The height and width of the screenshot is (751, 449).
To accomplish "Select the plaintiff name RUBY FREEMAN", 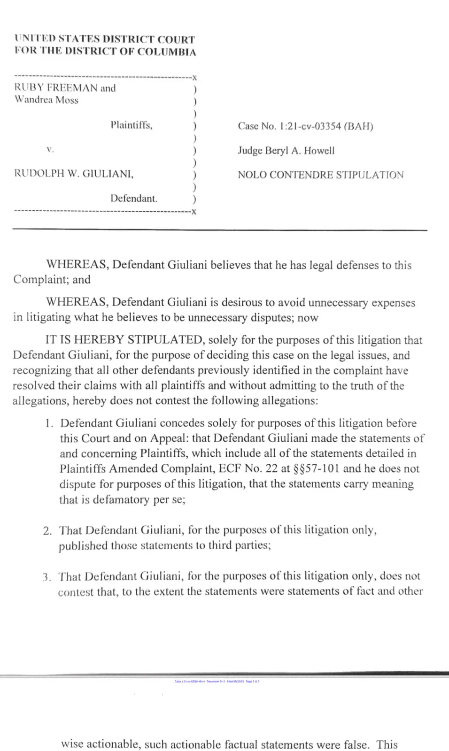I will pyautogui.click(x=56, y=88).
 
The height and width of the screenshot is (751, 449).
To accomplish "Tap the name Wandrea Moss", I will pyautogui.click(x=46, y=100).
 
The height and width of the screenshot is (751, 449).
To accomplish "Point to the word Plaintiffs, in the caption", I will pyautogui.click(x=132, y=125).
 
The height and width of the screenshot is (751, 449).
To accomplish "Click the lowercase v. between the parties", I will pyautogui.click(x=50, y=150).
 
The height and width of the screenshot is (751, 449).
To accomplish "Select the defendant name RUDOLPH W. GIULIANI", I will pyautogui.click(x=74, y=174).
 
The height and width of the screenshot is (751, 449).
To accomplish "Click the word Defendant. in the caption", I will pyautogui.click(x=134, y=198).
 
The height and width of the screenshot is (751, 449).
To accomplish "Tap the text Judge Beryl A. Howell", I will pyautogui.click(x=286, y=151).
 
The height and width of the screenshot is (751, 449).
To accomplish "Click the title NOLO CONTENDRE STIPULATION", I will pyautogui.click(x=320, y=175).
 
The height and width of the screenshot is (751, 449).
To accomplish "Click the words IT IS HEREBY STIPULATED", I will pyautogui.click(x=124, y=340).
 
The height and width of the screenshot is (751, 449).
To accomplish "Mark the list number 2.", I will pyautogui.click(x=47, y=531).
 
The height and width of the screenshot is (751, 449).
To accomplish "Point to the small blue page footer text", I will pyautogui.click(x=217, y=682).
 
